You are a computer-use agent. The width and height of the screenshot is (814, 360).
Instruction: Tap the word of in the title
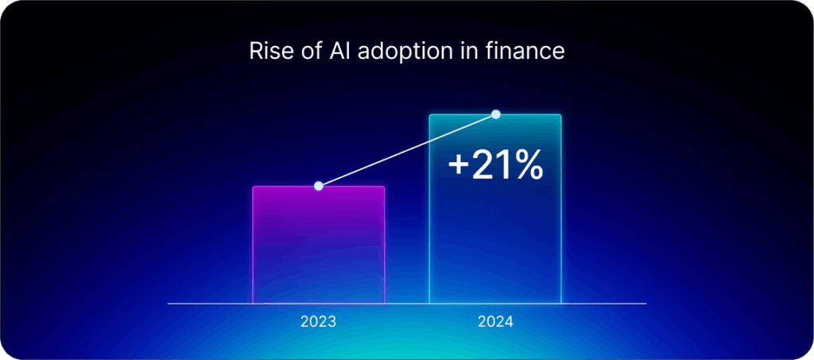coord(305,51)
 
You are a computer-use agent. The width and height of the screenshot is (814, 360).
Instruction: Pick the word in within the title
coord(463,51)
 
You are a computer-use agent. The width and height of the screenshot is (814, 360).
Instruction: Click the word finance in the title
coord(521,51)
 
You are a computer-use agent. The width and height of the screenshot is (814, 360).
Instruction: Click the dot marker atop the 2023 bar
coord(318,186)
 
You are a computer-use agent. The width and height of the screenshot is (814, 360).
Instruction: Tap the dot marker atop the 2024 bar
coord(496,114)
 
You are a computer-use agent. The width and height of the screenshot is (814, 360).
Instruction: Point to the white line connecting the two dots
coord(407,150)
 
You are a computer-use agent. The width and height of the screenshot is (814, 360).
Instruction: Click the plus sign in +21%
coord(459,165)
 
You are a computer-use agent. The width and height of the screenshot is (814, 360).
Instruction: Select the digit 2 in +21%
coord(483,165)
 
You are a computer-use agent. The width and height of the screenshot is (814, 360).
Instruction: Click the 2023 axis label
coord(318,323)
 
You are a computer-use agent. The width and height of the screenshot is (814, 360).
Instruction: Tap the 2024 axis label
coord(495,323)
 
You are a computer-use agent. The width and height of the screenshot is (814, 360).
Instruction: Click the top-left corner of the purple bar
coord(254,188)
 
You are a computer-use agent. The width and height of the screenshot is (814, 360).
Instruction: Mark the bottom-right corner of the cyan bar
coord(560,303)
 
